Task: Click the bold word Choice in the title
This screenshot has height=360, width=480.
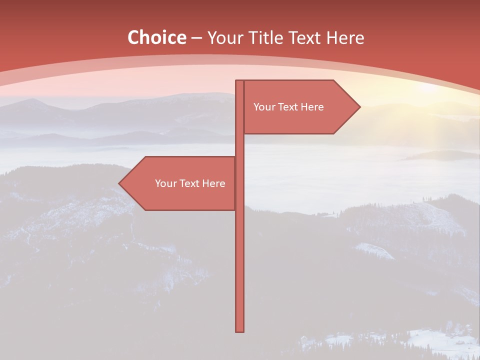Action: (156, 38)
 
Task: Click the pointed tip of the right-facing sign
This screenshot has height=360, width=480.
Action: (359, 107)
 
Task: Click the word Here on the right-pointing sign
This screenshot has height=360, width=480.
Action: (311, 107)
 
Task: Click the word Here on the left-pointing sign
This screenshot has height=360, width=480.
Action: (213, 183)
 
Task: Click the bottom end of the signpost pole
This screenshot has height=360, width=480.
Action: (239, 330)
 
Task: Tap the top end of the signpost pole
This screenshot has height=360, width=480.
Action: (239, 82)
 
